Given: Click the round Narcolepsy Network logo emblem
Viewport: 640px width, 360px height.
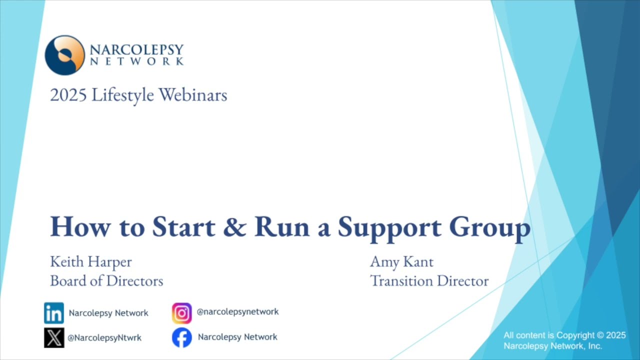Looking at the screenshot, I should [64, 55].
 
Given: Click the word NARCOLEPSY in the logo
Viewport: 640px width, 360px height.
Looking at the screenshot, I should [136, 50].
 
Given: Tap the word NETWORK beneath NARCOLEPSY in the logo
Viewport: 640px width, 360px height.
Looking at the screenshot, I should [136, 61].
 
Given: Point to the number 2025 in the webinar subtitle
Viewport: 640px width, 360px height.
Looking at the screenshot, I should [67, 95].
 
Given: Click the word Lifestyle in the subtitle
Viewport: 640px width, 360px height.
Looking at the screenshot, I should [122, 95].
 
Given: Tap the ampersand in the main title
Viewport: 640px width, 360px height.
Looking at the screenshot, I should [234, 226].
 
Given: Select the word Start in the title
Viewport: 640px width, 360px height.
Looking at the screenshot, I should [183, 226].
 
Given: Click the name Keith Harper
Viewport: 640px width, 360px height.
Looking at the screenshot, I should [91, 261].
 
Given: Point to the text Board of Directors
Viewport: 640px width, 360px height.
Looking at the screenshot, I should [106, 281].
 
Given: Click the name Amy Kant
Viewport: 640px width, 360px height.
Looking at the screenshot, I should [401, 261].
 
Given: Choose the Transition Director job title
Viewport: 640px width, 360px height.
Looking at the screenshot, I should [429, 281].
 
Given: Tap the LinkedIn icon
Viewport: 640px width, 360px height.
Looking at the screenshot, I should [54, 313].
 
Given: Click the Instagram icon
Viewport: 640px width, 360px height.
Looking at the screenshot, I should [182, 313].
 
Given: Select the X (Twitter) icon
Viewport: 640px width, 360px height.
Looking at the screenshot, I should [54, 337].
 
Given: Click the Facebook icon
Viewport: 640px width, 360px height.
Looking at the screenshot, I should [182, 337].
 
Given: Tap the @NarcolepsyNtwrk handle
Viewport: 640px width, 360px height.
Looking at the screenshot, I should [104, 337].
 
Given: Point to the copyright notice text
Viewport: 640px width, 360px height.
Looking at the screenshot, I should [564, 340].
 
